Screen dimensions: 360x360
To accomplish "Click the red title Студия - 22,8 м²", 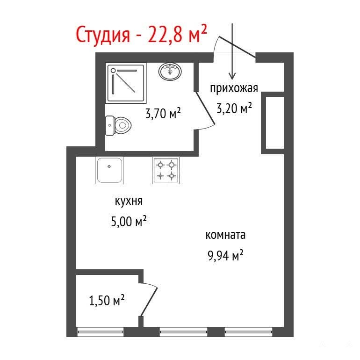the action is click(x=141, y=35).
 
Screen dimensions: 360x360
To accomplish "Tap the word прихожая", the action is click(x=234, y=88).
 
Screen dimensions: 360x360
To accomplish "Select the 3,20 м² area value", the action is click(x=234, y=108).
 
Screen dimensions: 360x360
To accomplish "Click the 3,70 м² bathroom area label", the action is click(x=163, y=113).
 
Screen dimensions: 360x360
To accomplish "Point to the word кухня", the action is click(x=129, y=201).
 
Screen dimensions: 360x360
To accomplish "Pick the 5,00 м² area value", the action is click(x=129, y=221).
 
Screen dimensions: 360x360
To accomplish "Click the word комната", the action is click(x=225, y=235).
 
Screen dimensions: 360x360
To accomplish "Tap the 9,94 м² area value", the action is click(x=225, y=255).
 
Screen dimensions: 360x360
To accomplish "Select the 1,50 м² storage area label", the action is click(x=107, y=300).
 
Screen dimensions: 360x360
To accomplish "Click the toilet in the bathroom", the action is click(x=118, y=126).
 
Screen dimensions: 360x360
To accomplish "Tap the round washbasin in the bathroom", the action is click(x=170, y=72).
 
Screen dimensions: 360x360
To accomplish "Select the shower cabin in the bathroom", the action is click(x=126, y=83).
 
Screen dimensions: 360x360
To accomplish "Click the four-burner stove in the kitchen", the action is click(x=166, y=170).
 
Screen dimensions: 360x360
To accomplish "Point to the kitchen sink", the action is click(x=109, y=170).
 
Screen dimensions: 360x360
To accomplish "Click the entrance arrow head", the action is click(x=232, y=76).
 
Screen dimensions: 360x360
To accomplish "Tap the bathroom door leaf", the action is click(x=205, y=108).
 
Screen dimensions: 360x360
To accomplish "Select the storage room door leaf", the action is click(x=149, y=302).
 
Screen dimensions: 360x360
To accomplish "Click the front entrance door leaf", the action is click(x=237, y=47).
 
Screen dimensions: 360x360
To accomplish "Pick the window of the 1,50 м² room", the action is click(x=101, y=331).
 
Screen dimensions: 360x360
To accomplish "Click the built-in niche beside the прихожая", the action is click(x=275, y=123).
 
